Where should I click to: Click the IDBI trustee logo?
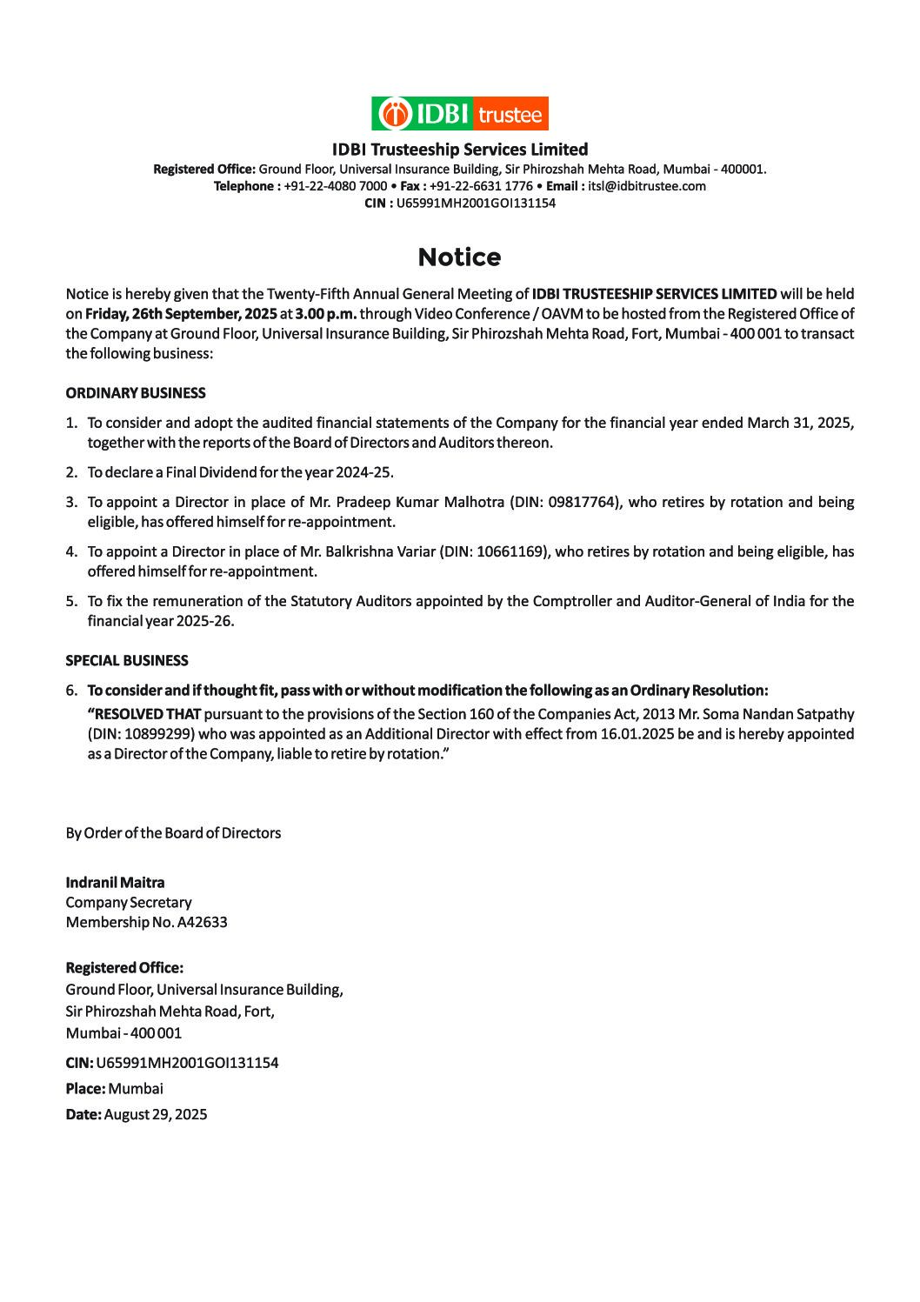coord(460,114)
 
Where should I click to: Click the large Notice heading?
coord(459,257)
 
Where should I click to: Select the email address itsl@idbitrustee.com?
coord(647,186)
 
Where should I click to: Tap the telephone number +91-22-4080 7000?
coord(336,186)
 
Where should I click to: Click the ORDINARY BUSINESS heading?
coord(136,393)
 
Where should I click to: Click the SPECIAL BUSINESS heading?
coord(127,661)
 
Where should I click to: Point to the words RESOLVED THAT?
coord(144,714)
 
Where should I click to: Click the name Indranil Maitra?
coord(115,883)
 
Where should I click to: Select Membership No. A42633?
coord(146,922)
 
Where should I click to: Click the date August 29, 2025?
coord(156,1114)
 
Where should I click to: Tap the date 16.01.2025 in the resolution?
coord(633,734)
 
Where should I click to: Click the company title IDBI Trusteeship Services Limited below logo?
coord(460,150)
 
